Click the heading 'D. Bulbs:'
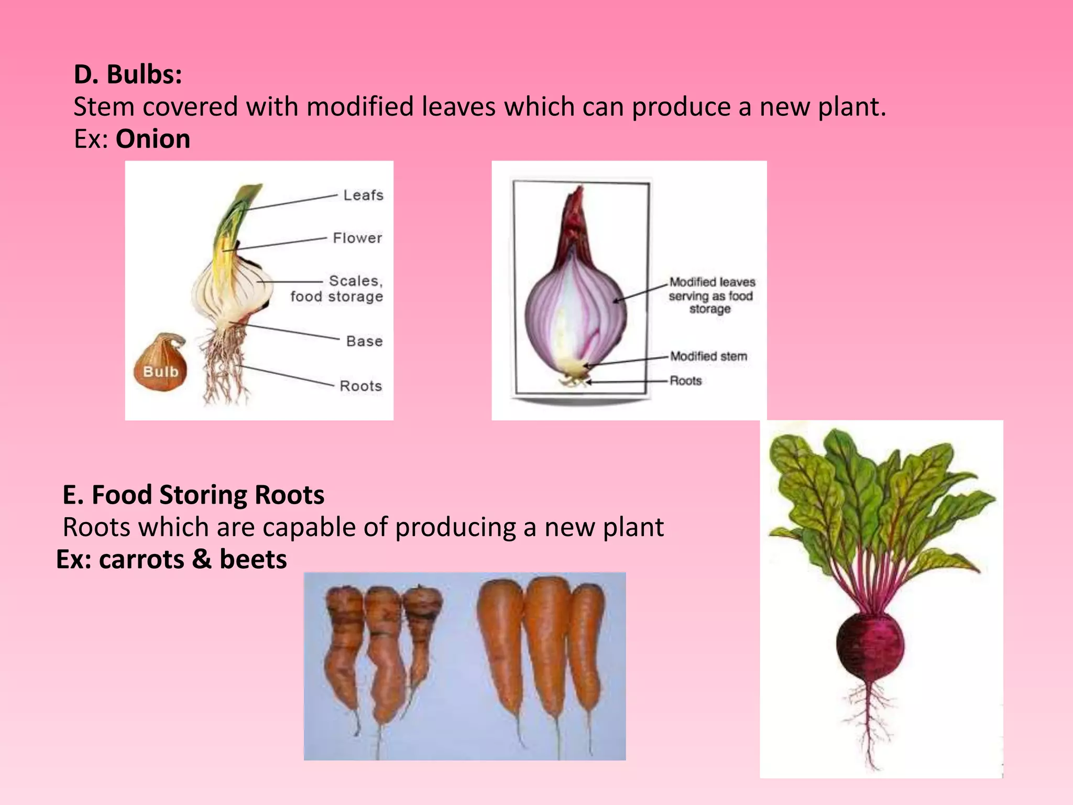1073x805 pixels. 128,74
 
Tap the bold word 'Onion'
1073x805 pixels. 152,139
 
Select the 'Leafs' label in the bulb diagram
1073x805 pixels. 363,195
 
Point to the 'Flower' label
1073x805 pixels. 357,238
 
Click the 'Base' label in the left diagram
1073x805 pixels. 364,342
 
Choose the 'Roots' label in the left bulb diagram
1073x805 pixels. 360,386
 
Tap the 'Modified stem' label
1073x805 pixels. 708,356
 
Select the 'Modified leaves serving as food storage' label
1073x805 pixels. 711,296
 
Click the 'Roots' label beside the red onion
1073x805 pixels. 685,381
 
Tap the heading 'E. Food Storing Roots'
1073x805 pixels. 193,495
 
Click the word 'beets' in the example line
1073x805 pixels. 253,559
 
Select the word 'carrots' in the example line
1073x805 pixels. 141,559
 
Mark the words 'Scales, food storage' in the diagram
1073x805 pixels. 337,289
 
